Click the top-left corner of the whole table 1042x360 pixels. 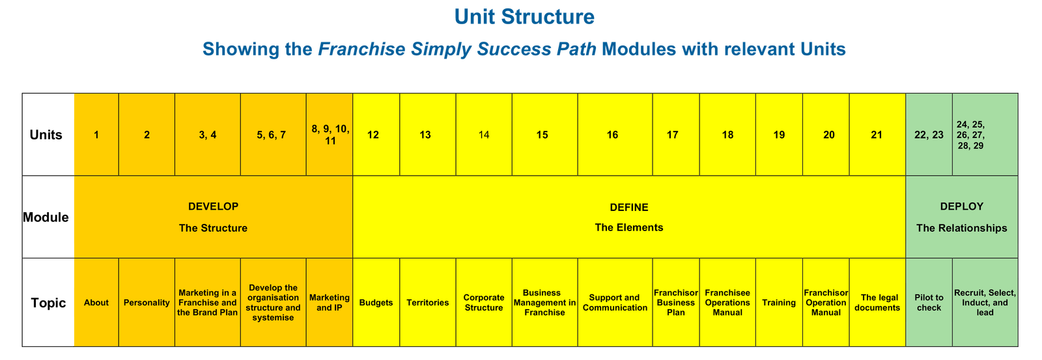coord(22,94)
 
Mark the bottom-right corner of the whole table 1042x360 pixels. coord(1018,346)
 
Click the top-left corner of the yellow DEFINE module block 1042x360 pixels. coord(353,176)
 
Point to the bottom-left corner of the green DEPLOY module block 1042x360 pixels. coord(906,258)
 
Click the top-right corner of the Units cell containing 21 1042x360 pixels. coord(906,94)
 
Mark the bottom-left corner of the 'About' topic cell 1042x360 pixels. coord(74,346)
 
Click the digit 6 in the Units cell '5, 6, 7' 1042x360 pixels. coord(271,135)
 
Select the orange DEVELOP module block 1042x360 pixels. coord(214,217)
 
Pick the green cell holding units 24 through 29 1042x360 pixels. coord(985,134)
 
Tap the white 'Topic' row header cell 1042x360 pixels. coord(48,302)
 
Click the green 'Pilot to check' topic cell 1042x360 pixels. coord(929,302)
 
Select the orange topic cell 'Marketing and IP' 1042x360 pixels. coord(330,302)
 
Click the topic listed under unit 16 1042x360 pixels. coord(615,302)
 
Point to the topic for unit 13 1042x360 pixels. coord(427,302)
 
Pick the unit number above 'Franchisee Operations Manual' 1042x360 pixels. coord(727,135)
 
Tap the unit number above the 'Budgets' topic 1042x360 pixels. coord(373,135)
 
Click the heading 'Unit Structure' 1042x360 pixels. coord(524,17)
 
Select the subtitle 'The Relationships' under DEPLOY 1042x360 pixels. coord(961,228)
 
